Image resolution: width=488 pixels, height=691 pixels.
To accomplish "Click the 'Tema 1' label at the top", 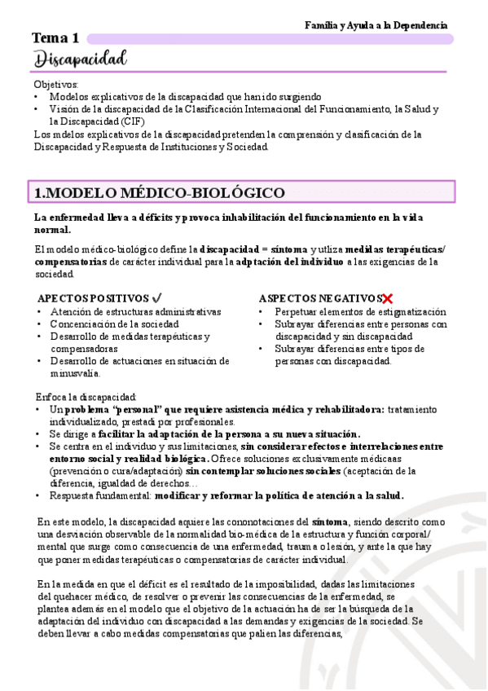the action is click(x=55, y=37).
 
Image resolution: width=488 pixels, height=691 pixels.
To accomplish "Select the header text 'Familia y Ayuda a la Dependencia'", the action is click(x=376, y=25).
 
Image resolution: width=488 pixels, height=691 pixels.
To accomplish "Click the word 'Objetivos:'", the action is click(x=56, y=84).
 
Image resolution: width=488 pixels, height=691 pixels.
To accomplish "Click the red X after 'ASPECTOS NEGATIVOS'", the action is click(x=388, y=298).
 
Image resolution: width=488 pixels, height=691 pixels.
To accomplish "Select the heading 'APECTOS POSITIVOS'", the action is click(x=94, y=298).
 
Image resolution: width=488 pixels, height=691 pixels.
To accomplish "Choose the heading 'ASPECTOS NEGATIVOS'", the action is click(x=319, y=298).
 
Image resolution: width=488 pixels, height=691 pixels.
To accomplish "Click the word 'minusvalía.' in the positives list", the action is click(x=75, y=373).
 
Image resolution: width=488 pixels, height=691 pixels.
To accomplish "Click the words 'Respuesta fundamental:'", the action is click(x=100, y=495).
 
